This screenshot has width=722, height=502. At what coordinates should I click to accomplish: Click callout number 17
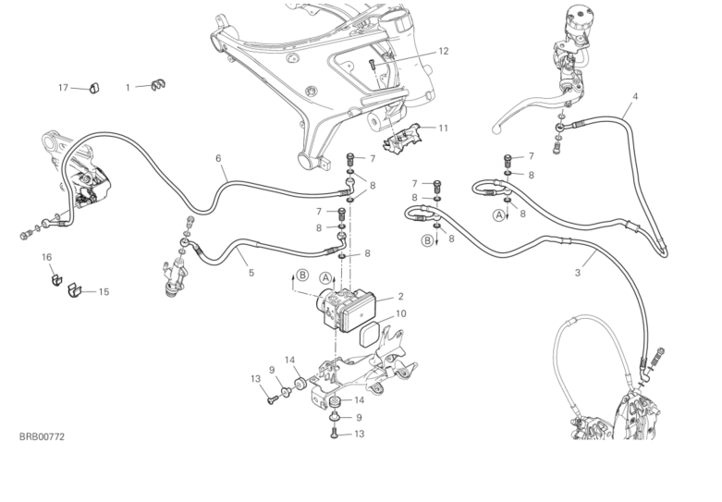(64, 88)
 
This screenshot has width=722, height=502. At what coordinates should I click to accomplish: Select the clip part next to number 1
(158, 86)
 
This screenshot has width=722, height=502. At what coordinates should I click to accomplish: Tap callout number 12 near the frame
(443, 51)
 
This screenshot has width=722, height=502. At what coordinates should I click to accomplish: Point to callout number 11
(443, 128)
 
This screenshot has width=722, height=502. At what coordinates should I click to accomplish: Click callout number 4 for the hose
(634, 96)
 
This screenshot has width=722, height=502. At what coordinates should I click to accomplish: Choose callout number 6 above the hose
(219, 158)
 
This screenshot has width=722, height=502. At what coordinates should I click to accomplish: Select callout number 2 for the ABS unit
(400, 297)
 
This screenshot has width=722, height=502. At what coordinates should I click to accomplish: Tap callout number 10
(400, 314)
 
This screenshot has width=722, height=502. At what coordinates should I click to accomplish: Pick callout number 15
(104, 291)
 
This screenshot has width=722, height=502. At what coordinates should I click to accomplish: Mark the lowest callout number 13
(359, 434)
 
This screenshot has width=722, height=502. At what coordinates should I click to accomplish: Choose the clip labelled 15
(75, 292)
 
